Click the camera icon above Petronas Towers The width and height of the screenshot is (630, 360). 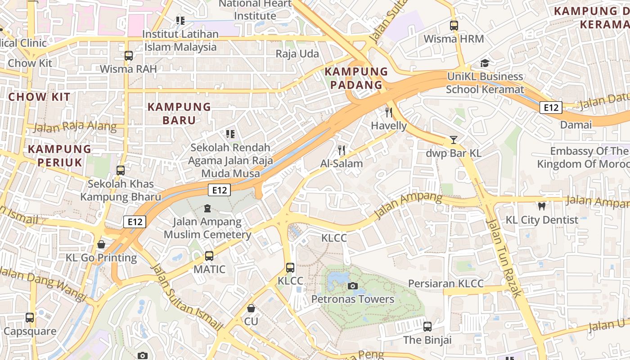(x=353, y=286)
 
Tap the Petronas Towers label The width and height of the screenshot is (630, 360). (x=353, y=299)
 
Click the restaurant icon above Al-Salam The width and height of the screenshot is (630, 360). (x=342, y=150)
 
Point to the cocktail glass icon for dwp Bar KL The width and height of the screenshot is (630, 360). (x=454, y=140)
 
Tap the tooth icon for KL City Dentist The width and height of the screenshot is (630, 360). (x=542, y=207)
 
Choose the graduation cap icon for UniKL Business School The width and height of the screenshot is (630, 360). (x=485, y=63)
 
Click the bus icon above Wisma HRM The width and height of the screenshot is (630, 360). (x=454, y=26)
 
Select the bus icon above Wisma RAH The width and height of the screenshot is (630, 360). (x=129, y=56)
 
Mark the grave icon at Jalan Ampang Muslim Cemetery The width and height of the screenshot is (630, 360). (x=207, y=208)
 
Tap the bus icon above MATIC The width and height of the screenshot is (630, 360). (x=209, y=256)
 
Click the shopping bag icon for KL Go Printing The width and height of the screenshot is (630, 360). (x=101, y=244)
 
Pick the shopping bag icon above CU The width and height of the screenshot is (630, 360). (x=251, y=308)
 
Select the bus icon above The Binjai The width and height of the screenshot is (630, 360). (x=427, y=327)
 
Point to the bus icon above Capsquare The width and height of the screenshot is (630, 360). (x=30, y=318)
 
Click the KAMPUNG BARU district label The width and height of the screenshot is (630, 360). (x=179, y=113)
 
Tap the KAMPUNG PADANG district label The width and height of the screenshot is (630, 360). (x=356, y=78)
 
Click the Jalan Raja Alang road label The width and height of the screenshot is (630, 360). (x=75, y=126)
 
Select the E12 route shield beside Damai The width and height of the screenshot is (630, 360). (x=551, y=108)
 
